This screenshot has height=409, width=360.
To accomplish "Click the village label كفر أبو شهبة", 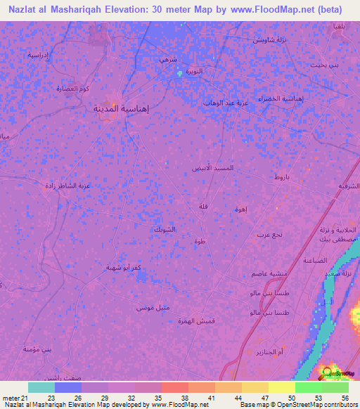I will tap(107, 267).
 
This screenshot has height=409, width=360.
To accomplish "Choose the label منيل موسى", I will tap(132, 308).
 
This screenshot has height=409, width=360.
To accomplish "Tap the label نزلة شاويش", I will tap(268, 39).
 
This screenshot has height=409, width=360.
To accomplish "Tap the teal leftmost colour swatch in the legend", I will tap(41, 387).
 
